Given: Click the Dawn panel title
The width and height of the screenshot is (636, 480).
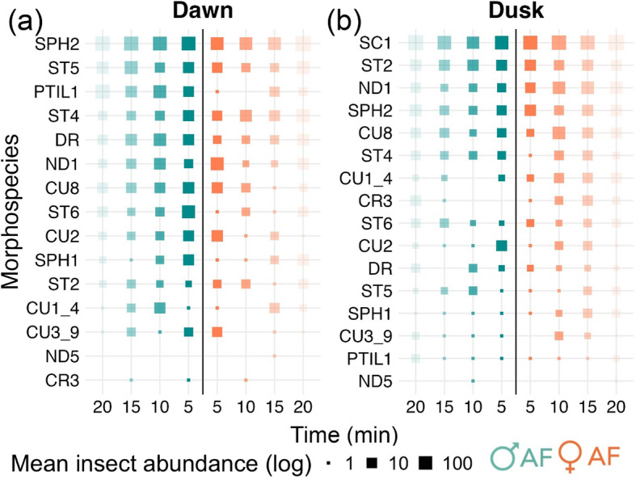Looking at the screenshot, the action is (x=203, y=11).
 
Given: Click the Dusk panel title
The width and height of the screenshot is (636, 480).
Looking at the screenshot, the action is (x=516, y=11).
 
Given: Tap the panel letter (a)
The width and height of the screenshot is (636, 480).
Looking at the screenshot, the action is (x=25, y=21).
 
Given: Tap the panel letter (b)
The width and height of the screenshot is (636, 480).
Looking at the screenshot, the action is (x=344, y=21).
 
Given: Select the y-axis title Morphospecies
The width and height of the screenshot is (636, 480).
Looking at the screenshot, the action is (x=11, y=212).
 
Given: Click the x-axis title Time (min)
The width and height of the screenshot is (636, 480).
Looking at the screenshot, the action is (x=344, y=435).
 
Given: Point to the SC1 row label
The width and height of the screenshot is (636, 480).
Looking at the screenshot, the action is (x=376, y=43).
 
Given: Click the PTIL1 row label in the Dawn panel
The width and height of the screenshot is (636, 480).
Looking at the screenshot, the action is (x=56, y=92).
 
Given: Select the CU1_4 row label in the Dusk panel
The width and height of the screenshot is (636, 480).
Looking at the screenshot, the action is (x=366, y=178).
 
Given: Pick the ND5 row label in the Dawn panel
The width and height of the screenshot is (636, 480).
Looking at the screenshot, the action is (x=62, y=356).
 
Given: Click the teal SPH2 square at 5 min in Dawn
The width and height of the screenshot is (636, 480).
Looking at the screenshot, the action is (x=188, y=44).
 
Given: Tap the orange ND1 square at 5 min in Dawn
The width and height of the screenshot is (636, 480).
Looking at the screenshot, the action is (x=217, y=164).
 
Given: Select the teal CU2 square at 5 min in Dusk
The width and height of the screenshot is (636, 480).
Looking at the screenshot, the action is (x=502, y=246).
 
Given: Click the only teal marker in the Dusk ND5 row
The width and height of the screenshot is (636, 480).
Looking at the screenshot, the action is (x=473, y=381).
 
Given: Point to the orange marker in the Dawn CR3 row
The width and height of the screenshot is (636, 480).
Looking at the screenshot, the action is (x=246, y=380).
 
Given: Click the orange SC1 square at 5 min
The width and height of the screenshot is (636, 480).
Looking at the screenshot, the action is (x=530, y=43).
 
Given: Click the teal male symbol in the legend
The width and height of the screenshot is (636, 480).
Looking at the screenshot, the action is (x=504, y=456).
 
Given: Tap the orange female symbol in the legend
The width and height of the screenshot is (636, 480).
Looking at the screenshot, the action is (x=571, y=457).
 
